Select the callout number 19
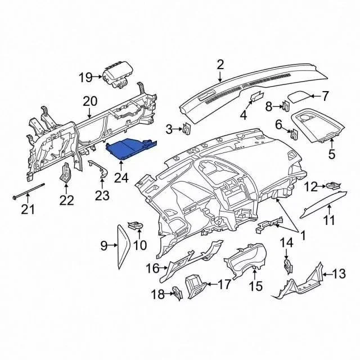tap(85, 78)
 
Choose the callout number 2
tap(220, 65)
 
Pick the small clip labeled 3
tap(186, 130)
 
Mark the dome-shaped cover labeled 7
tap(299, 97)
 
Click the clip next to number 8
tap(286, 106)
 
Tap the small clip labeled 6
tap(294, 134)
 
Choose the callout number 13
tap(339, 274)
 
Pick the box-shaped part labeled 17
tap(196, 287)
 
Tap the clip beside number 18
tap(178, 293)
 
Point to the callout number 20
tap(90, 101)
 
